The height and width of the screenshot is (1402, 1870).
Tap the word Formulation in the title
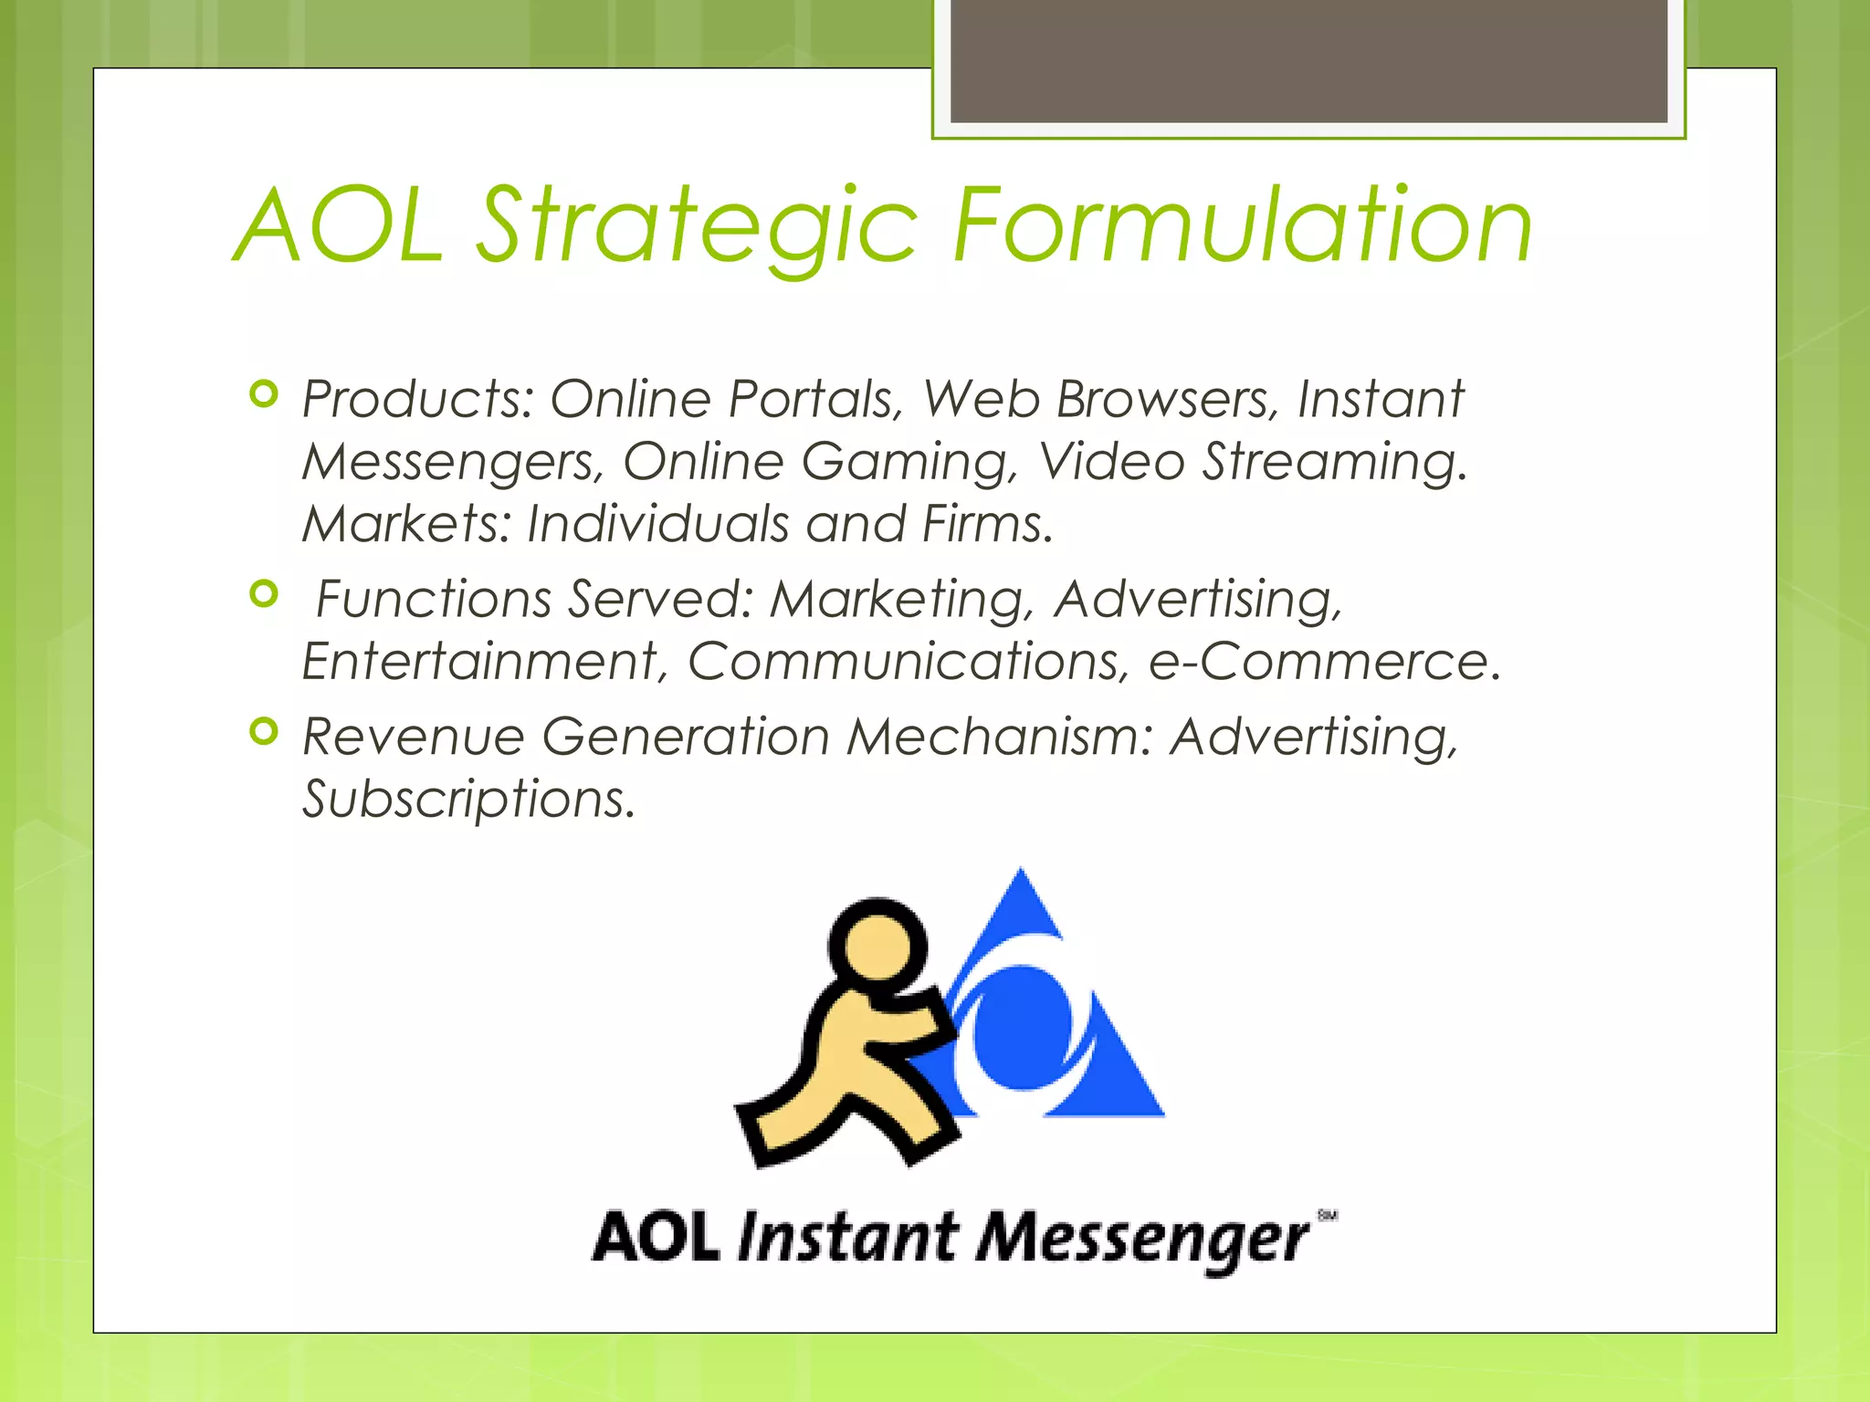point(1242,225)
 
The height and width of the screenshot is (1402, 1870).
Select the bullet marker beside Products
point(263,394)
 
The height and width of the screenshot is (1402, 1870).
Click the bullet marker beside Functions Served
point(263,595)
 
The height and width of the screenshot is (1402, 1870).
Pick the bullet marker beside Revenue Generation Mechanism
point(263,731)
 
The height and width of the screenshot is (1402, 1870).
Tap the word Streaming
point(1333,462)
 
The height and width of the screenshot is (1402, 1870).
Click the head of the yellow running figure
point(877,943)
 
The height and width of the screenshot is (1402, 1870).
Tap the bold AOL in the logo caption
point(656,1238)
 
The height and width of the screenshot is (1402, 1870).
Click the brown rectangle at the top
point(1308,60)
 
